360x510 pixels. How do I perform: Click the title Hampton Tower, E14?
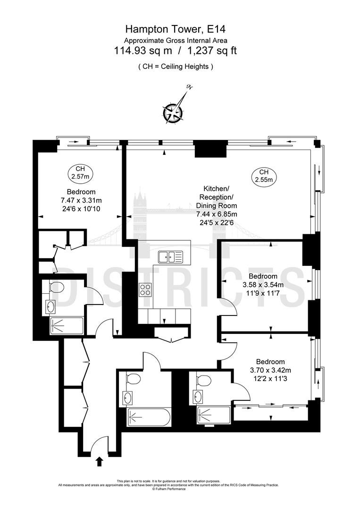[x=175, y=30]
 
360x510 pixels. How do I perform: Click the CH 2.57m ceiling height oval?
[x=80, y=173]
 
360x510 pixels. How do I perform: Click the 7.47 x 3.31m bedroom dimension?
[x=81, y=200]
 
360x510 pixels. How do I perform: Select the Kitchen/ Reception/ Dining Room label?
[x=217, y=197]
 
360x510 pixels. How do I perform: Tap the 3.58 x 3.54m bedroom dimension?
[x=263, y=285]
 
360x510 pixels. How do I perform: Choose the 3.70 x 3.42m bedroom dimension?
[x=270, y=370]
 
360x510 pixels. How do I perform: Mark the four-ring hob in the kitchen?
[x=145, y=290]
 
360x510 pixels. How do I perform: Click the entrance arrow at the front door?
[x=100, y=461]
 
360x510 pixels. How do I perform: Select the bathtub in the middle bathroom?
[x=148, y=417]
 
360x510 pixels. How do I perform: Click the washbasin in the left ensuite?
[x=50, y=307]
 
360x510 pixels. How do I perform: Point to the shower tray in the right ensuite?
[x=214, y=416]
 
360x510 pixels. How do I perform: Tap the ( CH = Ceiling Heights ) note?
[x=176, y=67]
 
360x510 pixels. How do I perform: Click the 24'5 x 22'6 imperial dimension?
[x=217, y=223]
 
